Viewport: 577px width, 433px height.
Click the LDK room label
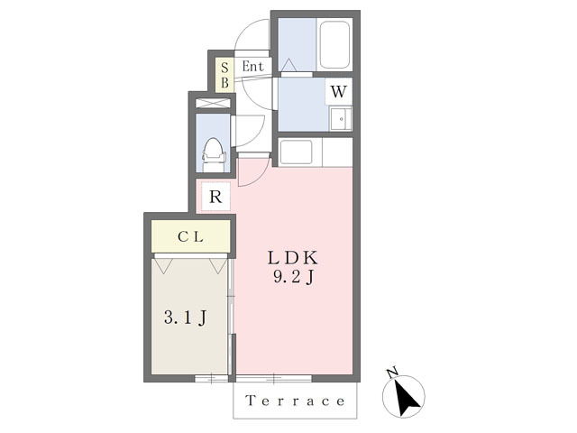coord(293,258)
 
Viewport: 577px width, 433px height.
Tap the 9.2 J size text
coord(293,277)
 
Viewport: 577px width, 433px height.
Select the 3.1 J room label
coord(185,318)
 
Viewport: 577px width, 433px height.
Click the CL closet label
coord(190,236)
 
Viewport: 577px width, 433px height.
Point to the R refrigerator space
coord(215,197)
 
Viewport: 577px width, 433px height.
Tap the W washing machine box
coord(339,91)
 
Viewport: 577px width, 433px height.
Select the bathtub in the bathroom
coord(334,44)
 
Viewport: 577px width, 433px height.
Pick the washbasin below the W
coord(341,118)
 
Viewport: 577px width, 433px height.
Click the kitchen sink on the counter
coord(296,152)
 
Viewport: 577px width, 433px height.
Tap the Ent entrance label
coord(252,67)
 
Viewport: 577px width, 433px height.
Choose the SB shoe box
coord(224,75)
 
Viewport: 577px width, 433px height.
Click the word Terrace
coord(295,401)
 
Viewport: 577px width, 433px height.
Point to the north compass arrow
coord(406,398)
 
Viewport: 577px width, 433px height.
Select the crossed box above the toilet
coord(213,103)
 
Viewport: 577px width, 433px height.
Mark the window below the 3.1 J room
coord(211,378)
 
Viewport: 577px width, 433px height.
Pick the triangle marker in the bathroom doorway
coord(288,65)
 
